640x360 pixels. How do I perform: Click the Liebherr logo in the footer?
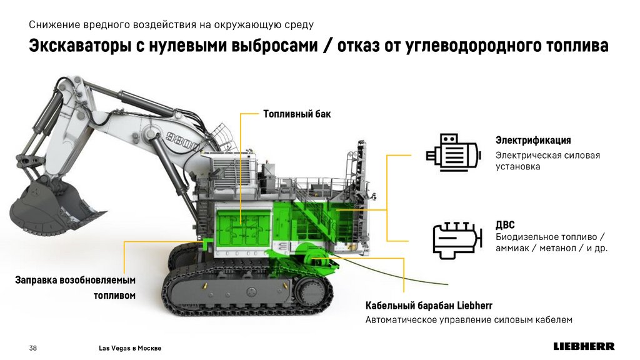pyautogui.click(x=584, y=346)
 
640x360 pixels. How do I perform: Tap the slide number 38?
pyautogui.click(x=33, y=348)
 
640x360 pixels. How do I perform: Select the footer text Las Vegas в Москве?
pyautogui.click(x=130, y=348)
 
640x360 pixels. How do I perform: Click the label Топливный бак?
pyautogui.click(x=297, y=114)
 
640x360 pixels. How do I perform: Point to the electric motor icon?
pyautogui.click(x=453, y=151)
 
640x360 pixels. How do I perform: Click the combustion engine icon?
pyautogui.click(x=456, y=241)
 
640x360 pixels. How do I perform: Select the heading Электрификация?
pyautogui.click(x=533, y=141)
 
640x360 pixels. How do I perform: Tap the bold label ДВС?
pyautogui.click(x=505, y=225)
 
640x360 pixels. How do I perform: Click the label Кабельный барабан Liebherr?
pyautogui.click(x=429, y=305)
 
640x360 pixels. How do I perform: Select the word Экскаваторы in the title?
pyautogui.click(x=79, y=46)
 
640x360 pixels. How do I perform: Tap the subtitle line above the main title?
pyautogui.click(x=171, y=25)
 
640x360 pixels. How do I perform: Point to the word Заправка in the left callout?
pyautogui.click(x=36, y=281)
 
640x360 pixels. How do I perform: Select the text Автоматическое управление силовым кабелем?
pyautogui.click(x=469, y=319)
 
